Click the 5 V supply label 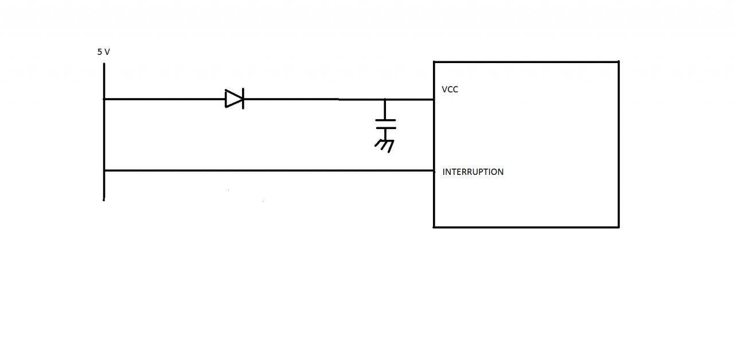103,52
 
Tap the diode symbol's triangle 233,99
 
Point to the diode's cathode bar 243,99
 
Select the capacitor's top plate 385,120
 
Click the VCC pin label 450,89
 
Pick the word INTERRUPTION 473,172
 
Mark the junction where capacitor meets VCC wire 385,99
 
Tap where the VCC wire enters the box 434,99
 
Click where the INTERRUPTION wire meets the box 434,170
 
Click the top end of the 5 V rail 104,64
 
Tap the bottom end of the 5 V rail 104,199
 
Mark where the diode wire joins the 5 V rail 104,99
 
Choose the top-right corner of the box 619,61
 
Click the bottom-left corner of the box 434,227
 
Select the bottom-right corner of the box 619,227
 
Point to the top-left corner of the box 434,61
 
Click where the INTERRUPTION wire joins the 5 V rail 104,170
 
